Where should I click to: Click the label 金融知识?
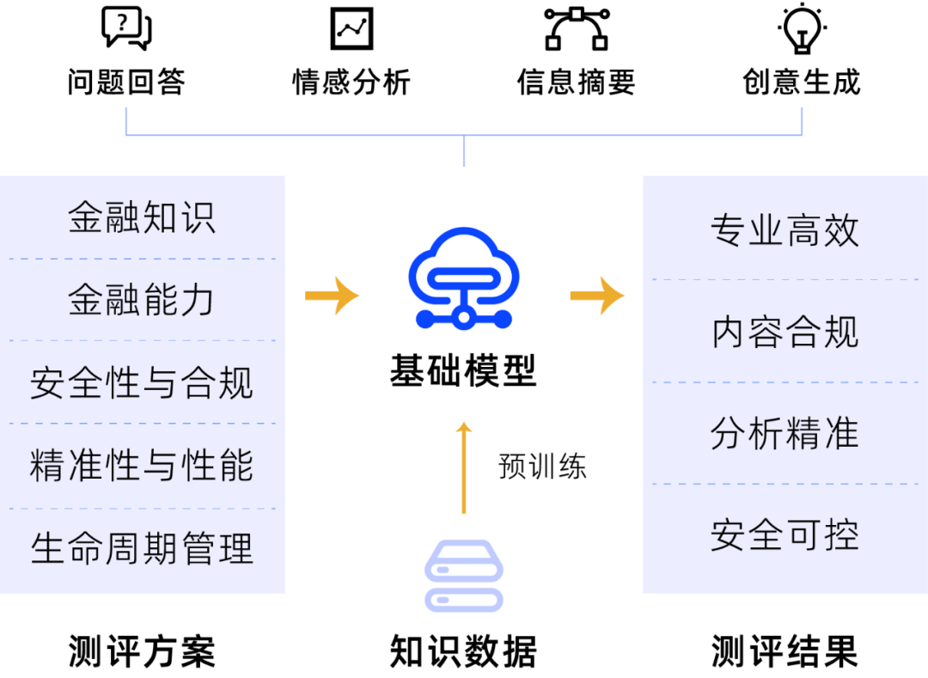pos(142,217)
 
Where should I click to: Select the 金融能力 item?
pos(142,300)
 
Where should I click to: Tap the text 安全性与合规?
pos(142,382)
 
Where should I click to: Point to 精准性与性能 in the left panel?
pos(142,465)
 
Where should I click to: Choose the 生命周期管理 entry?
pos(142,548)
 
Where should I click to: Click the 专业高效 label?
pos(785,230)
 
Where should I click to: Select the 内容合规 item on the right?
pos(785,332)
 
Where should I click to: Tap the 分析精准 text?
pos(785,433)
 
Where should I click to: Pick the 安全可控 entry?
pos(785,534)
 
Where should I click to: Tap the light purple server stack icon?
pos(464,576)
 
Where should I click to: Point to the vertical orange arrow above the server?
pos(464,468)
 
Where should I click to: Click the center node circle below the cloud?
pos(464,319)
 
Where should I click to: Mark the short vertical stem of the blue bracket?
pos(464,151)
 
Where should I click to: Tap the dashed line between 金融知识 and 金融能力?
pos(142,259)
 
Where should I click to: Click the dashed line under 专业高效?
pos(785,279)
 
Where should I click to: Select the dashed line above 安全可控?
pos(785,484)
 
